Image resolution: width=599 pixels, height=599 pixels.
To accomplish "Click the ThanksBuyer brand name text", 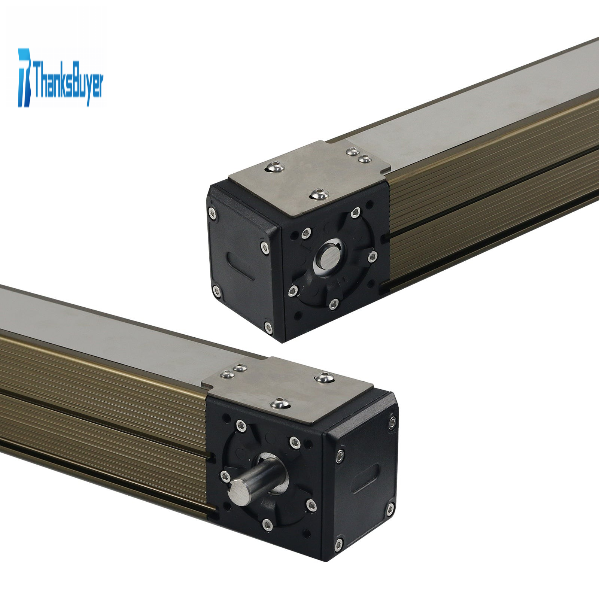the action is pos(68,81).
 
